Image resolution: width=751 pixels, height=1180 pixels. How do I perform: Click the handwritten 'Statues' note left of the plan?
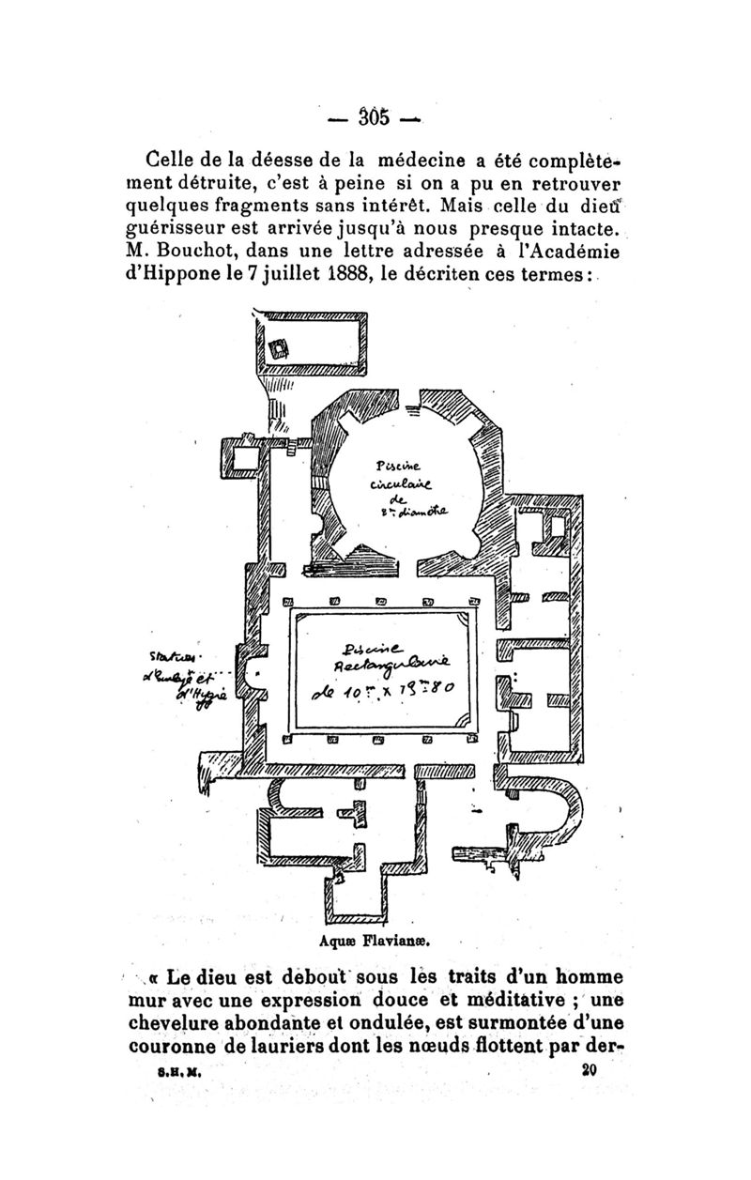click(167, 653)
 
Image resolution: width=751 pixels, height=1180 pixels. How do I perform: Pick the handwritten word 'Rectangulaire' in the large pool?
click(388, 665)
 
